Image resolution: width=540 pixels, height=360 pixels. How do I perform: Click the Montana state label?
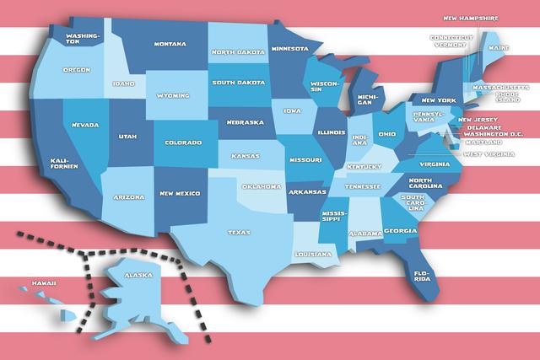[170, 43]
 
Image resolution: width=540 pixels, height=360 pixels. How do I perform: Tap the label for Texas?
[239, 232]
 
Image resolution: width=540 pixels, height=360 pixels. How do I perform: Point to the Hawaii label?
[44, 282]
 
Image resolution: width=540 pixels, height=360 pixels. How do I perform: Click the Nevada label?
[85, 125]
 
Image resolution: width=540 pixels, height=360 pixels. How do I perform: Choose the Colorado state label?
[183, 142]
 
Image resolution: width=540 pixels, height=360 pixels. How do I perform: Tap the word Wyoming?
[174, 95]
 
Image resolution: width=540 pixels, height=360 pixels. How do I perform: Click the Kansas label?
[246, 156]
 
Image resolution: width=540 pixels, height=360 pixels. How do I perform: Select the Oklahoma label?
[261, 186]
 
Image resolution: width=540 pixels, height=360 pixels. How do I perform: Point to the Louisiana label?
[313, 254]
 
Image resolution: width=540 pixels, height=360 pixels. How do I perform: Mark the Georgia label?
[400, 231]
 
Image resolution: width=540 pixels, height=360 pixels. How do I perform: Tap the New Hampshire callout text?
[471, 17]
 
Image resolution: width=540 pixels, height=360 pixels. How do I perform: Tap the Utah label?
[127, 135]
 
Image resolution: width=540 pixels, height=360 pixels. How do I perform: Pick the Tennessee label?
[363, 186]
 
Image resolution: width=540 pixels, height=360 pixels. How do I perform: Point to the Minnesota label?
[289, 48]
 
